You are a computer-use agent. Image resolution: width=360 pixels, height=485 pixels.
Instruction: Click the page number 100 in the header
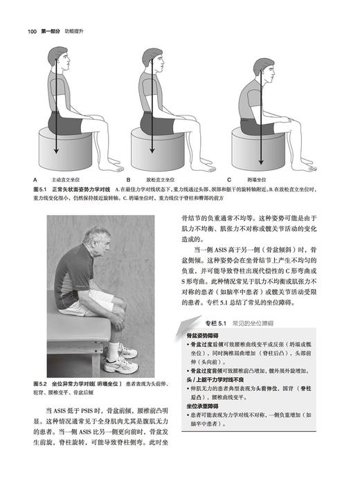[33, 30]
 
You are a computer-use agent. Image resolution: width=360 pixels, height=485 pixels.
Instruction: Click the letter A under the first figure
[35, 178]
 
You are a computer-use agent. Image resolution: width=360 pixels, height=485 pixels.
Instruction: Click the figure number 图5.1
[40, 188]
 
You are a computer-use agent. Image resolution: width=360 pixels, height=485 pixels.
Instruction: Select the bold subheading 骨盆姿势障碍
[201, 334]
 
